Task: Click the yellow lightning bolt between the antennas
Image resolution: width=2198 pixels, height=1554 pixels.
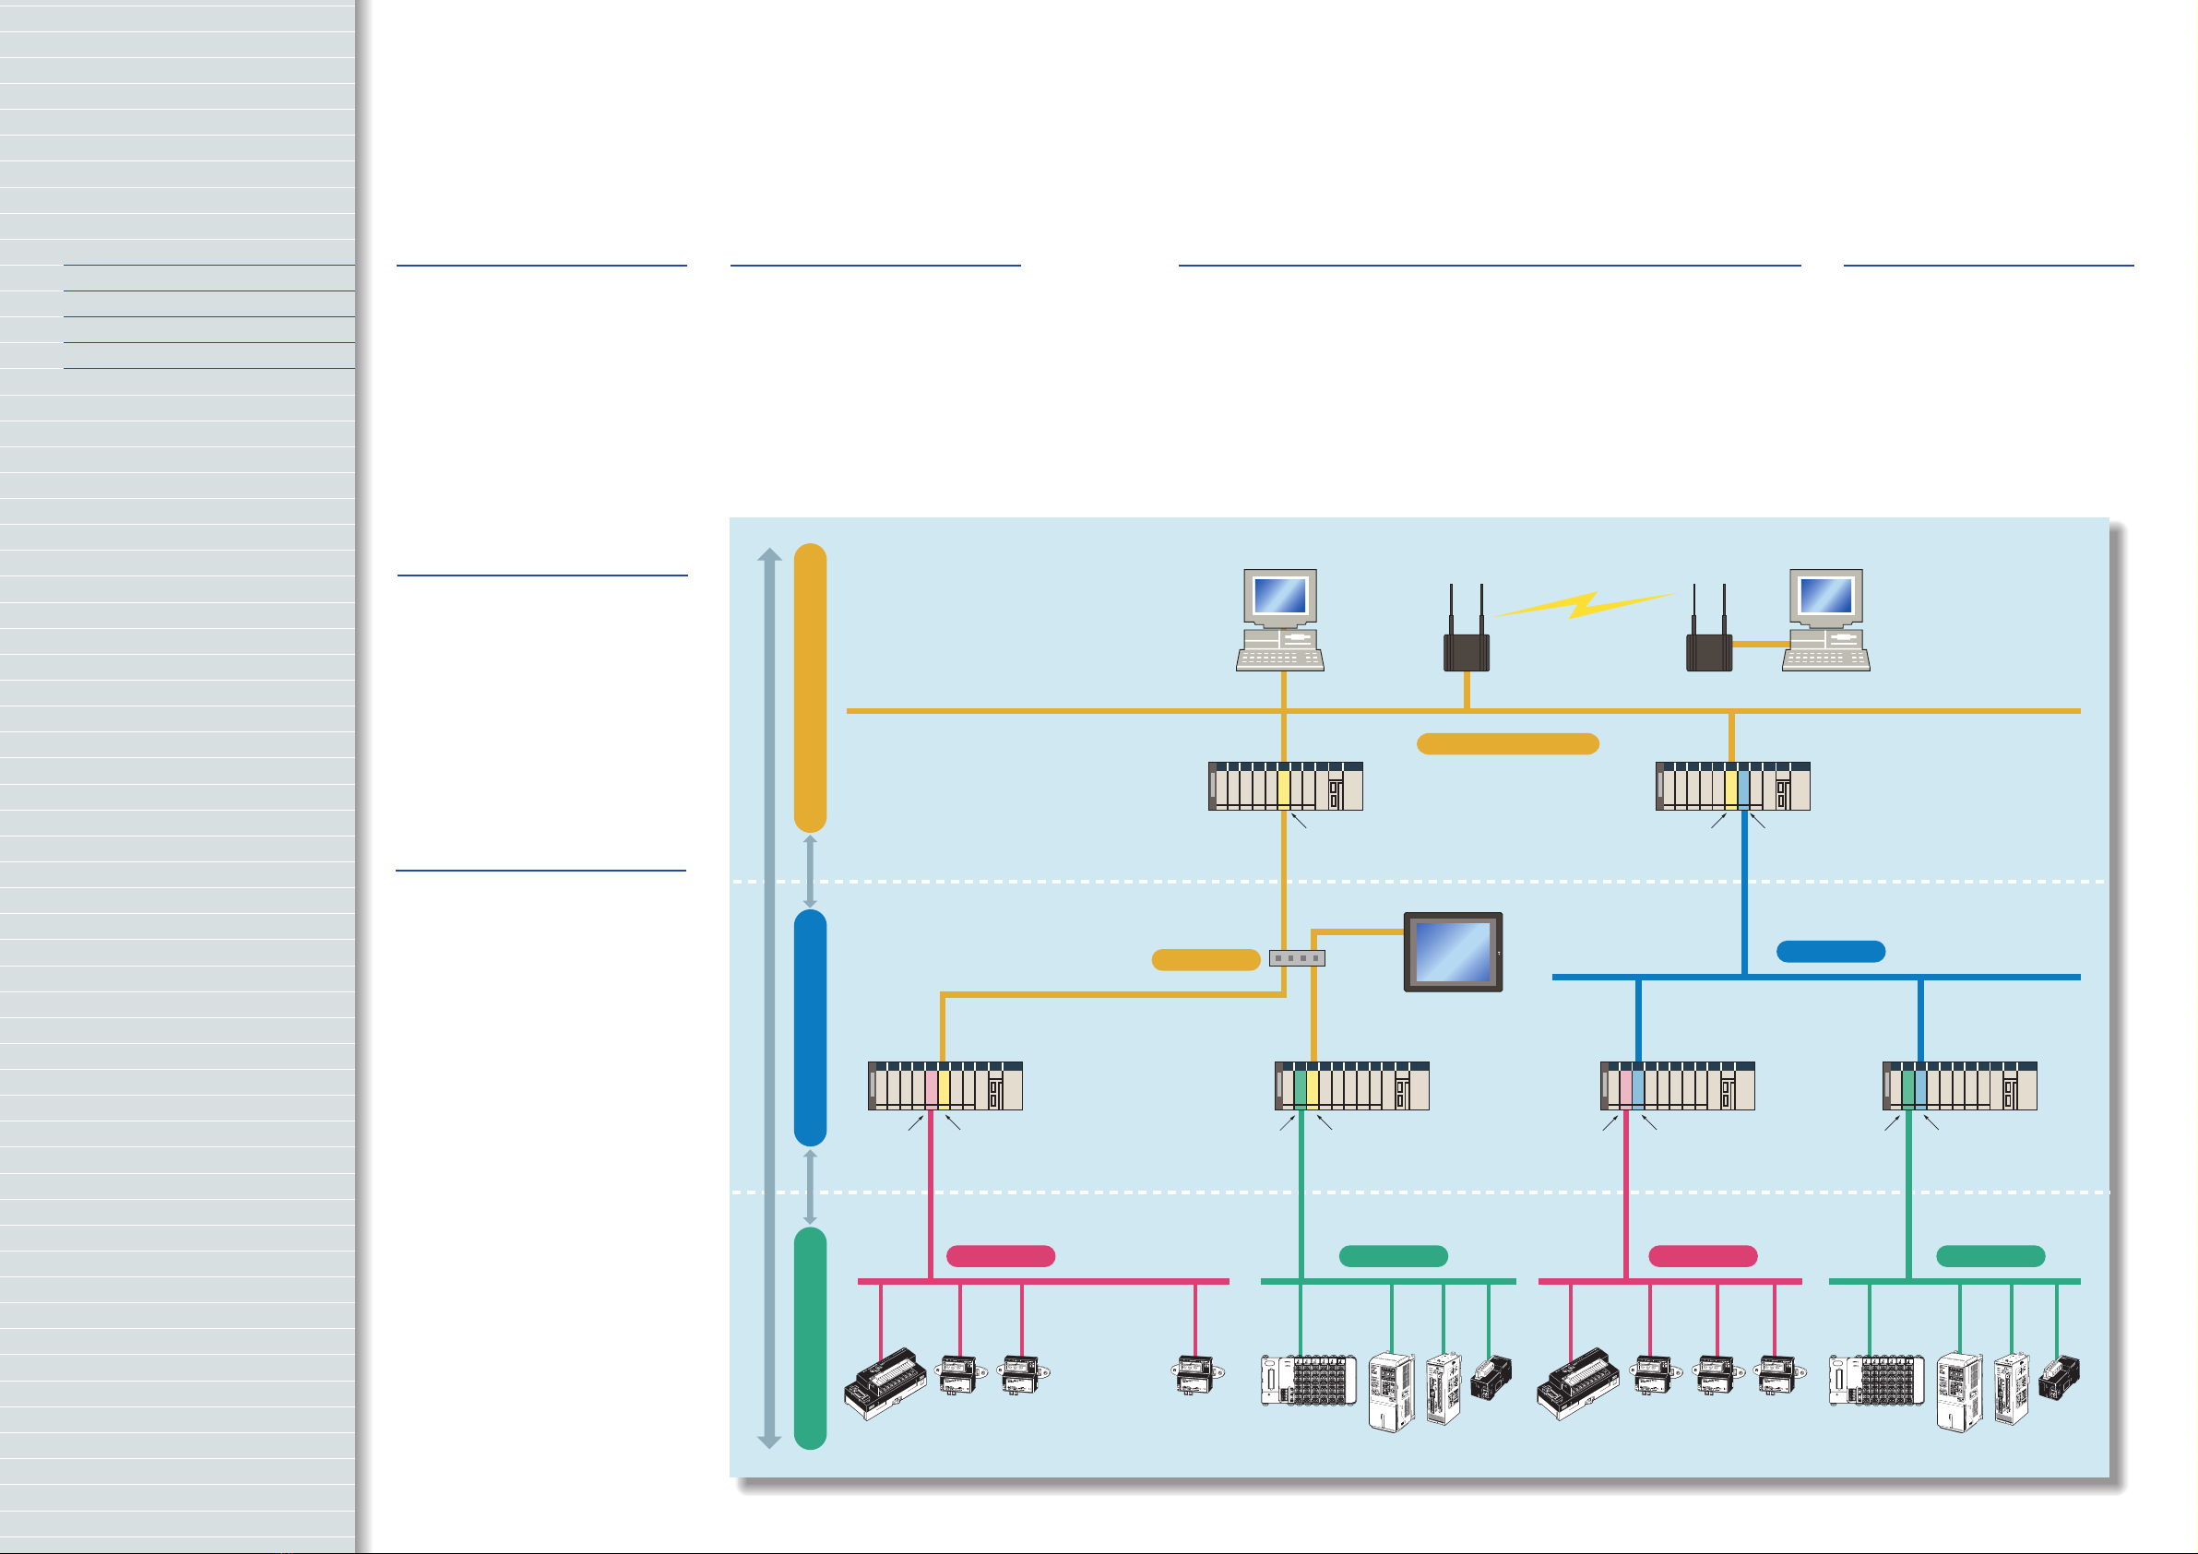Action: point(1585,604)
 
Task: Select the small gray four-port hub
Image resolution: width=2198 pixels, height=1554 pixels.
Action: point(1296,957)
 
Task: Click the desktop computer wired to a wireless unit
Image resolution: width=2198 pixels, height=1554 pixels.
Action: point(1825,620)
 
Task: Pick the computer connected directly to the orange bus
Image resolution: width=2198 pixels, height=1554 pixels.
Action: point(1280,620)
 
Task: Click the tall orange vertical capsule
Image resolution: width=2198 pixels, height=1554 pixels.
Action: point(810,687)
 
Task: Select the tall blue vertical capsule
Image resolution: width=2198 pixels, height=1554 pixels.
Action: point(810,1026)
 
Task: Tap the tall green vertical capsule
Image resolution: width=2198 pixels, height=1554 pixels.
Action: point(810,1337)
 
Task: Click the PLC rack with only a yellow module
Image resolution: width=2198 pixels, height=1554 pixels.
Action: point(1285,786)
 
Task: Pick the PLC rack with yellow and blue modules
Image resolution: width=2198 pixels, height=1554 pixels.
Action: point(1733,786)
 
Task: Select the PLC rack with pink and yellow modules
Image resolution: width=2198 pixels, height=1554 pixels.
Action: point(945,1085)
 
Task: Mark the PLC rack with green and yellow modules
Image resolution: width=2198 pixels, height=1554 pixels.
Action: point(1352,1085)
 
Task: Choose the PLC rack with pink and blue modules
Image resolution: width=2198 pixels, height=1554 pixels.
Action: point(1677,1085)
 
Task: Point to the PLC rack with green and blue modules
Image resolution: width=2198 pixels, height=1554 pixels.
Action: point(1959,1085)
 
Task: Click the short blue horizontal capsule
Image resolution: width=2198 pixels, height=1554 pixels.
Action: point(1830,951)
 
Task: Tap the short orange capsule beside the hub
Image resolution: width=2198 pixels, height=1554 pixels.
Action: point(1206,959)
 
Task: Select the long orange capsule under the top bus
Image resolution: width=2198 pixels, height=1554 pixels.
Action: point(1507,744)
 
